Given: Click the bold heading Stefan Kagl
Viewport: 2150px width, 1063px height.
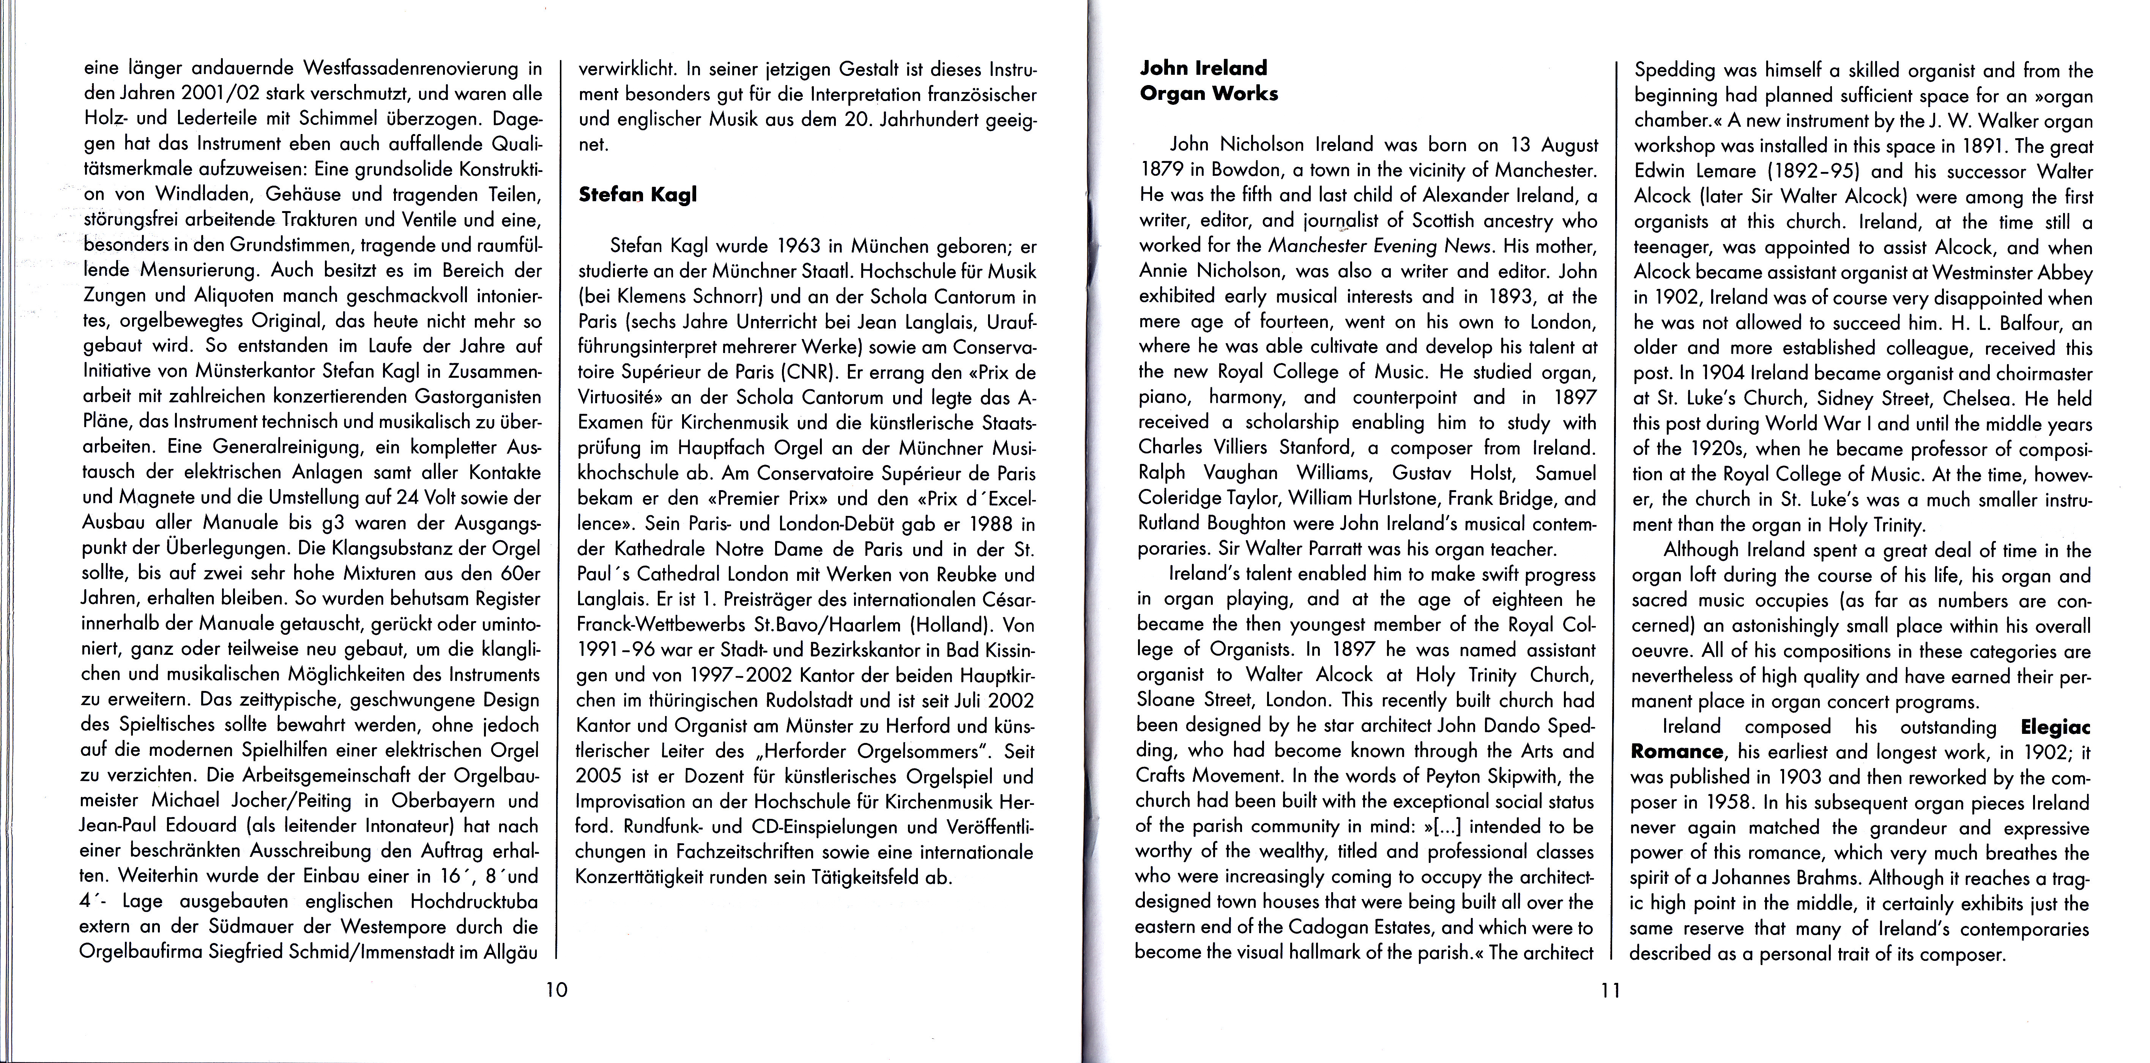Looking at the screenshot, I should pos(637,194).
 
